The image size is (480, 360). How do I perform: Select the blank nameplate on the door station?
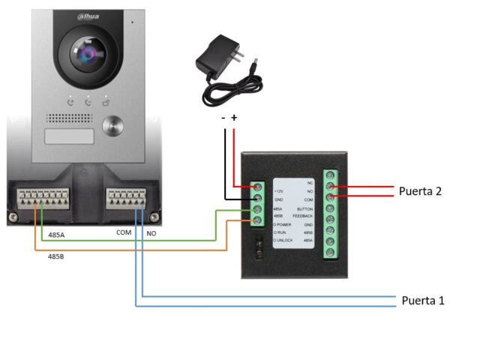pos(70,136)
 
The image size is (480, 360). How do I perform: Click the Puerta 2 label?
pos(420,191)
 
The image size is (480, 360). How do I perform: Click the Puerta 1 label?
pos(423,301)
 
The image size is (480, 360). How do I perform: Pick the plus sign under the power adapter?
pos(234,118)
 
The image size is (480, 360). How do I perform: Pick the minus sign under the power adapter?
pos(223,118)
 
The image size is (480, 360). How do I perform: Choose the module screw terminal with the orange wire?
pos(257,220)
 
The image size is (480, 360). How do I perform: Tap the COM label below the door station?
pos(124,232)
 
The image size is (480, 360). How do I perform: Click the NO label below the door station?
pos(151,232)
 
